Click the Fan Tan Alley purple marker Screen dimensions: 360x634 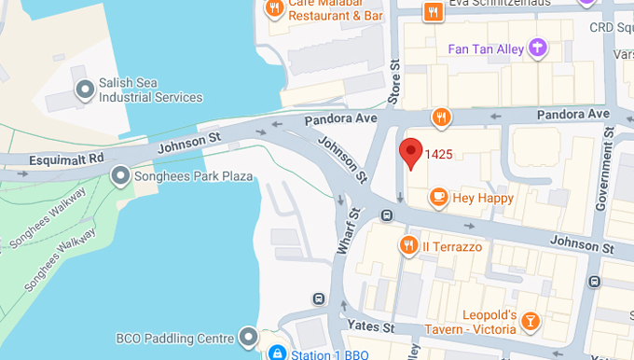point(536,47)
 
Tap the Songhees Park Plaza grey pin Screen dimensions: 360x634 point(120,175)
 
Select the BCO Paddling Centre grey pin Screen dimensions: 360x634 point(248,336)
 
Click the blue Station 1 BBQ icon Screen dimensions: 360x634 point(276,353)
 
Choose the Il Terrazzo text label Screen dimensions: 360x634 point(452,246)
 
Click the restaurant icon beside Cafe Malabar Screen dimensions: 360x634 point(274,8)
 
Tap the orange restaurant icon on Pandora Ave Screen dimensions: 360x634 point(442,118)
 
